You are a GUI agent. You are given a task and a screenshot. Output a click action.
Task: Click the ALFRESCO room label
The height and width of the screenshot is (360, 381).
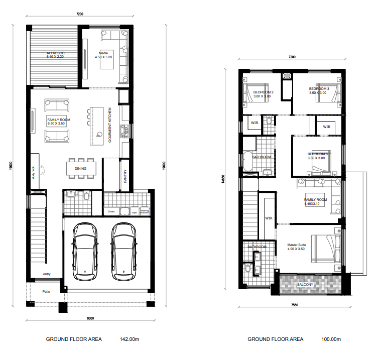tap(55, 53)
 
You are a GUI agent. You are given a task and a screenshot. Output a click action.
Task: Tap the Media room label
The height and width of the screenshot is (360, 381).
tap(104, 53)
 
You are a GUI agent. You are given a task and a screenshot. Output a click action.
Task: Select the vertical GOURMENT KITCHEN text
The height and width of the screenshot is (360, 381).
tap(110, 125)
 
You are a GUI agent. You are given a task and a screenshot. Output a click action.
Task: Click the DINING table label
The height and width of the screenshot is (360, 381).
tap(80, 169)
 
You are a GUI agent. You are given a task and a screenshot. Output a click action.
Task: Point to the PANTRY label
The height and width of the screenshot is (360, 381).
tap(125, 177)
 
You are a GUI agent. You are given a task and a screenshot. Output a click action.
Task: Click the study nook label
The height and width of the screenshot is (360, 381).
tap(34, 174)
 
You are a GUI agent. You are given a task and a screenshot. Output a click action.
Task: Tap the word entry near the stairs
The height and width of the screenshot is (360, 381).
tap(47, 274)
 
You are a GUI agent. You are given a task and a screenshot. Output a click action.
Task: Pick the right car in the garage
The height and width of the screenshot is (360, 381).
tap(123, 251)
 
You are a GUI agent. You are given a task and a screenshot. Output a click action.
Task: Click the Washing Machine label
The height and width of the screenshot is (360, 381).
tap(145, 212)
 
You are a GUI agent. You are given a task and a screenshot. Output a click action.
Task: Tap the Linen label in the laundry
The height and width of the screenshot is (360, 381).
tap(111, 211)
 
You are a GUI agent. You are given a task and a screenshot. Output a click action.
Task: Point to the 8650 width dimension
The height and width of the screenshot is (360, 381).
tap(90, 318)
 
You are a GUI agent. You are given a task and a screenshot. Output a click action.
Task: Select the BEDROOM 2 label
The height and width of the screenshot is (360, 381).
tap(263, 92)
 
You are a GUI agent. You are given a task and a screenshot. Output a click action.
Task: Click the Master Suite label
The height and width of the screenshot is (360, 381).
tap(297, 246)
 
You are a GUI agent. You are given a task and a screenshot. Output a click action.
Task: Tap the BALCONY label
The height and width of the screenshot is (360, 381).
tap(305, 285)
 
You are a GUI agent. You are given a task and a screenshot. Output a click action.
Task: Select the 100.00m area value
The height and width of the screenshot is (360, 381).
tap(331, 339)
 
